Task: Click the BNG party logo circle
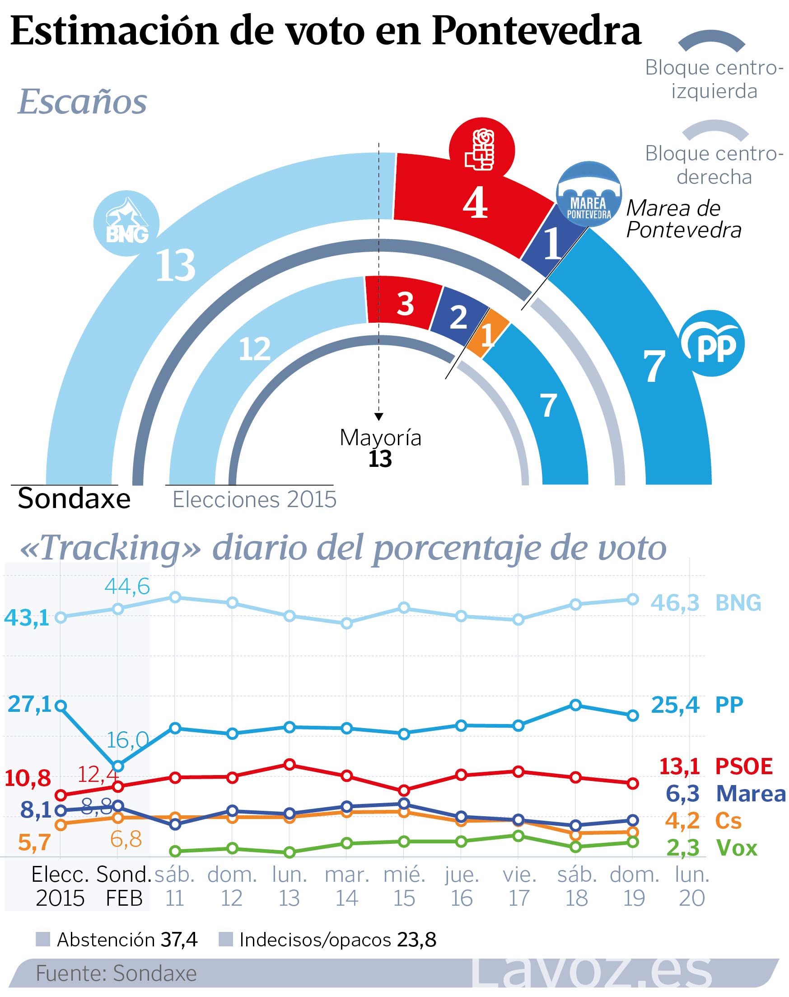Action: [126, 223]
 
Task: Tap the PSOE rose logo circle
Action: [482, 150]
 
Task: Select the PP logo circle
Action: [711, 343]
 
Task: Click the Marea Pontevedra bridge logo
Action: [588, 194]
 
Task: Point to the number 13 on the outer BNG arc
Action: [176, 265]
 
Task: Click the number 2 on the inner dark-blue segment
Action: [458, 317]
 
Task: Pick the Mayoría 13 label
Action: [380, 448]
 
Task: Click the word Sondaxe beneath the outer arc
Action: [74, 499]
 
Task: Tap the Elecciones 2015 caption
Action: [254, 500]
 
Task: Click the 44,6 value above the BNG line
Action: [127, 587]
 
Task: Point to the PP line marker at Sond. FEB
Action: [118, 766]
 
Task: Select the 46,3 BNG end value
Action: [675, 603]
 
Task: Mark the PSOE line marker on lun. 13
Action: [289, 765]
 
